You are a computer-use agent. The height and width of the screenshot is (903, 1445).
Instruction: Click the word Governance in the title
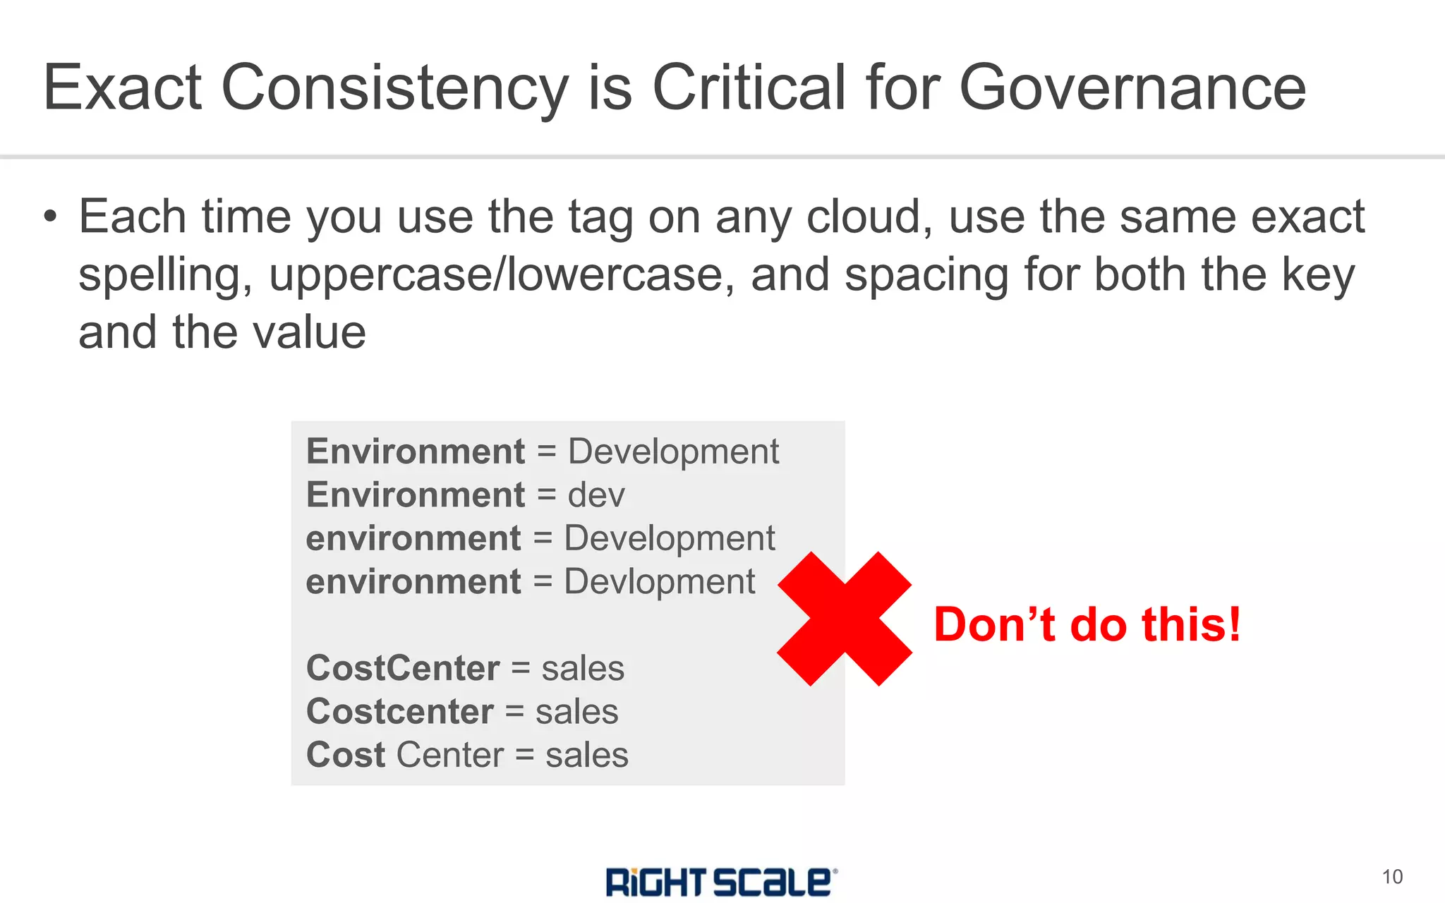tap(1132, 87)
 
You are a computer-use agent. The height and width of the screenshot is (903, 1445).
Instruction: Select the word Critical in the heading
tap(749, 87)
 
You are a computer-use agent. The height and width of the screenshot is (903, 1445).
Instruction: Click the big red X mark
tap(845, 619)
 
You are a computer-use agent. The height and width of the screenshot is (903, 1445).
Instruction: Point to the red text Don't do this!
tap(1087, 624)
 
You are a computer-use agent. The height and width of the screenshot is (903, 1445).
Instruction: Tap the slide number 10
tap(1392, 877)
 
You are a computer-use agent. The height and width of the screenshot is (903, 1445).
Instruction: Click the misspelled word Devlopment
tap(659, 583)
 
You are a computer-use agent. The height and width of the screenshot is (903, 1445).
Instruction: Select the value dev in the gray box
tap(596, 495)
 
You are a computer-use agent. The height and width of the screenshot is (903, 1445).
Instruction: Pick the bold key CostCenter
tap(403, 668)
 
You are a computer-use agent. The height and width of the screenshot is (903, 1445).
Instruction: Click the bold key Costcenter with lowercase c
tap(399, 712)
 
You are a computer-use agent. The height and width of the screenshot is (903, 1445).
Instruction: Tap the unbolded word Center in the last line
tap(450, 756)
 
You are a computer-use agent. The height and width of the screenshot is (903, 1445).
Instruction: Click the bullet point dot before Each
tap(49, 217)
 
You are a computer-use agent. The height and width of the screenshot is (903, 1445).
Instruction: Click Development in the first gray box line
tap(673, 452)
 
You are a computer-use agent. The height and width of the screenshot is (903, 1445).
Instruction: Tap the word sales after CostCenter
tap(583, 668)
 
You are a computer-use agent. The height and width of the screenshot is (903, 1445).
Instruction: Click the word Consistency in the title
tap(394, 87)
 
